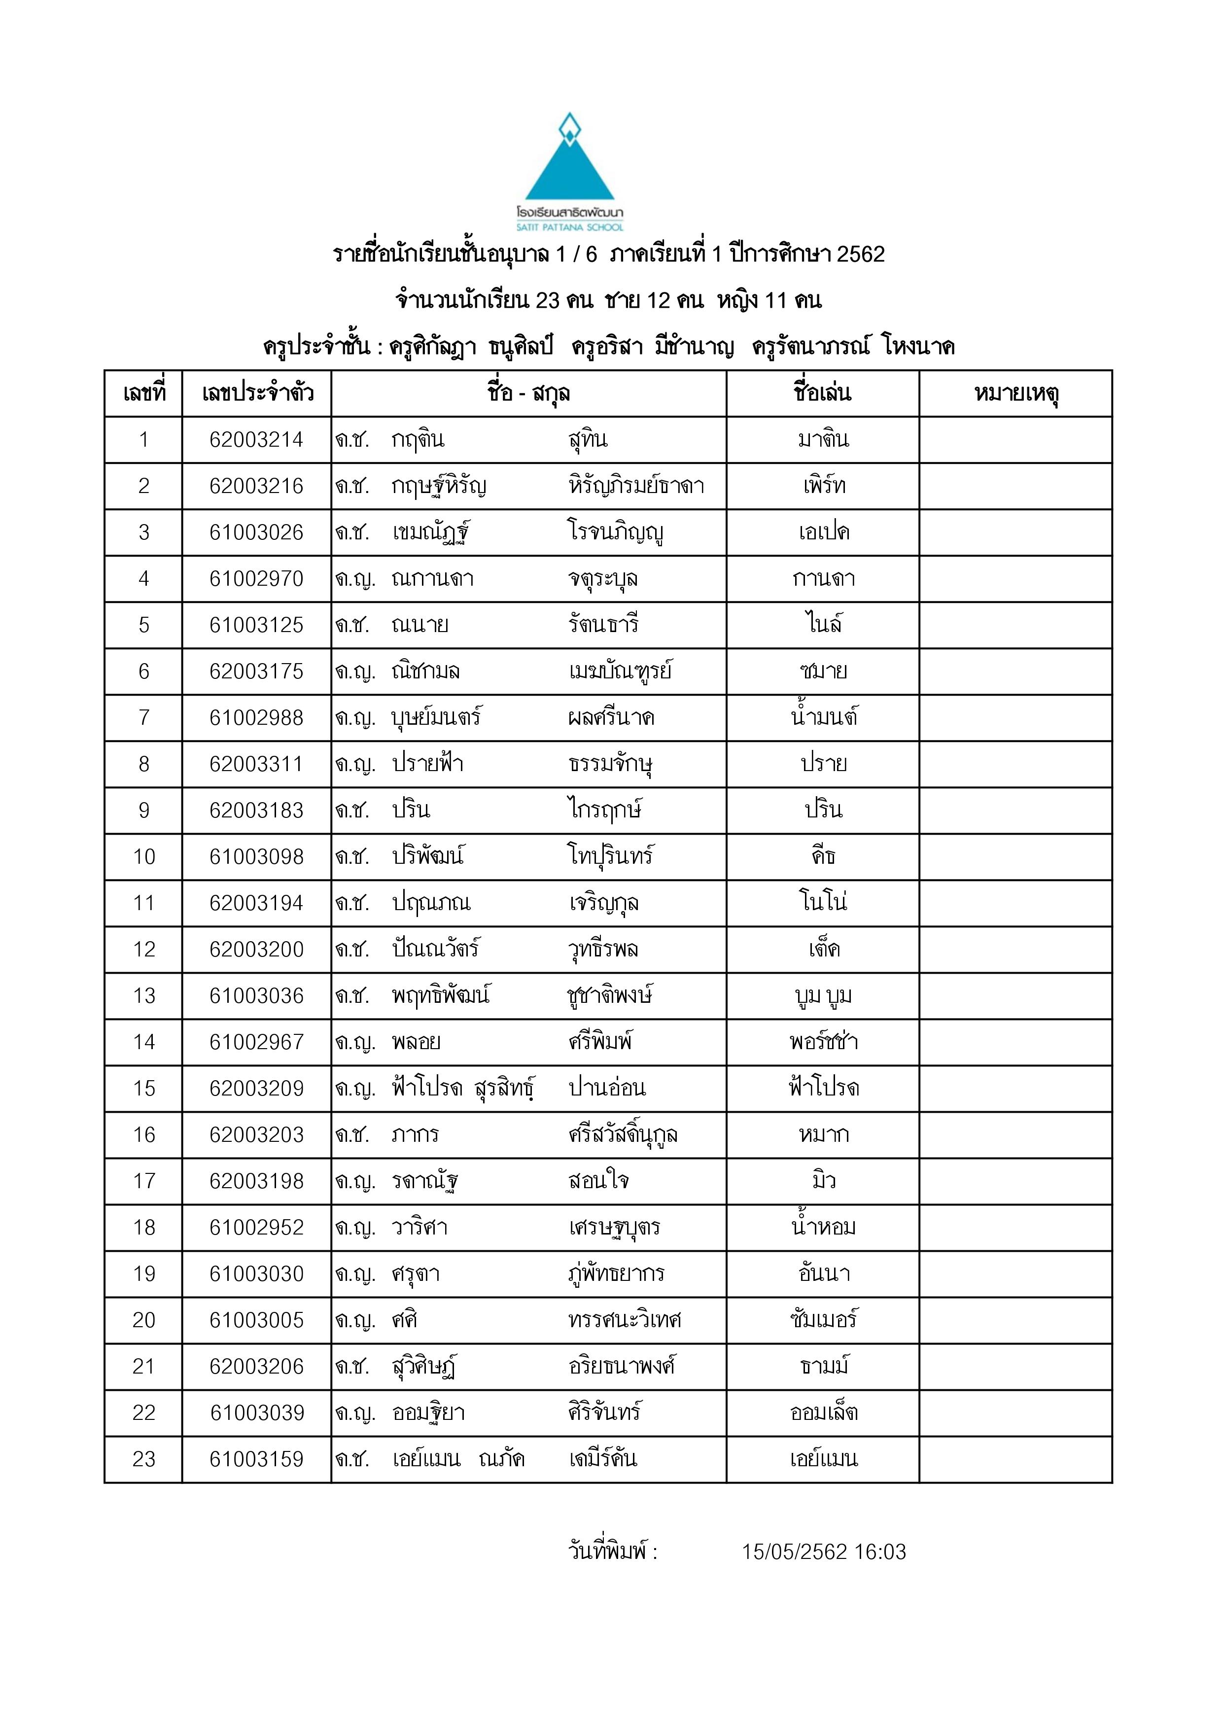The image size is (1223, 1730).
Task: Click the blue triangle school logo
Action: click(570, 165)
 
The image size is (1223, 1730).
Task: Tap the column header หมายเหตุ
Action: click(1016, 393)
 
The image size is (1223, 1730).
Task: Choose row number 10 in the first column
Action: click(144, 857)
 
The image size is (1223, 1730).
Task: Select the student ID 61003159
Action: click(257, 1459)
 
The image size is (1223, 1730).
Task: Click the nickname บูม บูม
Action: click(824, 995)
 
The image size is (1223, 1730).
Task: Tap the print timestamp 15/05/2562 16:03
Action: click(824, 1552)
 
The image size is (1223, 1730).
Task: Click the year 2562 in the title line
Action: click(861, 255)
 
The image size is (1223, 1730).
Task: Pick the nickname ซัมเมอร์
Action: click(824, 1320)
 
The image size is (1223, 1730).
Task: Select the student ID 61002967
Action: click(256, 1042)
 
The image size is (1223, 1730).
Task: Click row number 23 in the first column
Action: click(144, 1459)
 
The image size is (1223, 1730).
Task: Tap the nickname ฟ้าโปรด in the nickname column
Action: click(824, 1088)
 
